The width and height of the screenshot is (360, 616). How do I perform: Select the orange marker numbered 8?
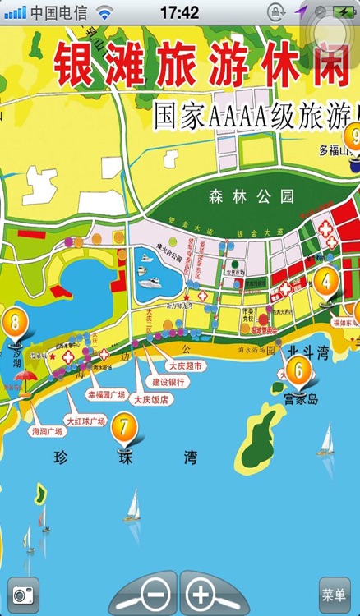pos(13,321)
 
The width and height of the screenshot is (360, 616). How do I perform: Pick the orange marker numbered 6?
pos(298,370)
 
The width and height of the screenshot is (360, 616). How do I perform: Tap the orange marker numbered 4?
pos(326,281)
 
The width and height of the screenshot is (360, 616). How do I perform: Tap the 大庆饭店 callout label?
pos(152,399)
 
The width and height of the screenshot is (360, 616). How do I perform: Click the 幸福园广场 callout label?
pos(107,395)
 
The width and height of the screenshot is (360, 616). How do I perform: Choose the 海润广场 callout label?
pos(47,430)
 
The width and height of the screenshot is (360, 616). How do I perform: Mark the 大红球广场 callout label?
pos(85,421)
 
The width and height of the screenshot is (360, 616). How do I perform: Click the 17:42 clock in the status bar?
pos(179,12)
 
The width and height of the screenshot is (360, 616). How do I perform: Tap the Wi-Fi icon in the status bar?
pos(104,12)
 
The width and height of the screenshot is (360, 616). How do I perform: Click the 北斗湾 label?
pos(305,351)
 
